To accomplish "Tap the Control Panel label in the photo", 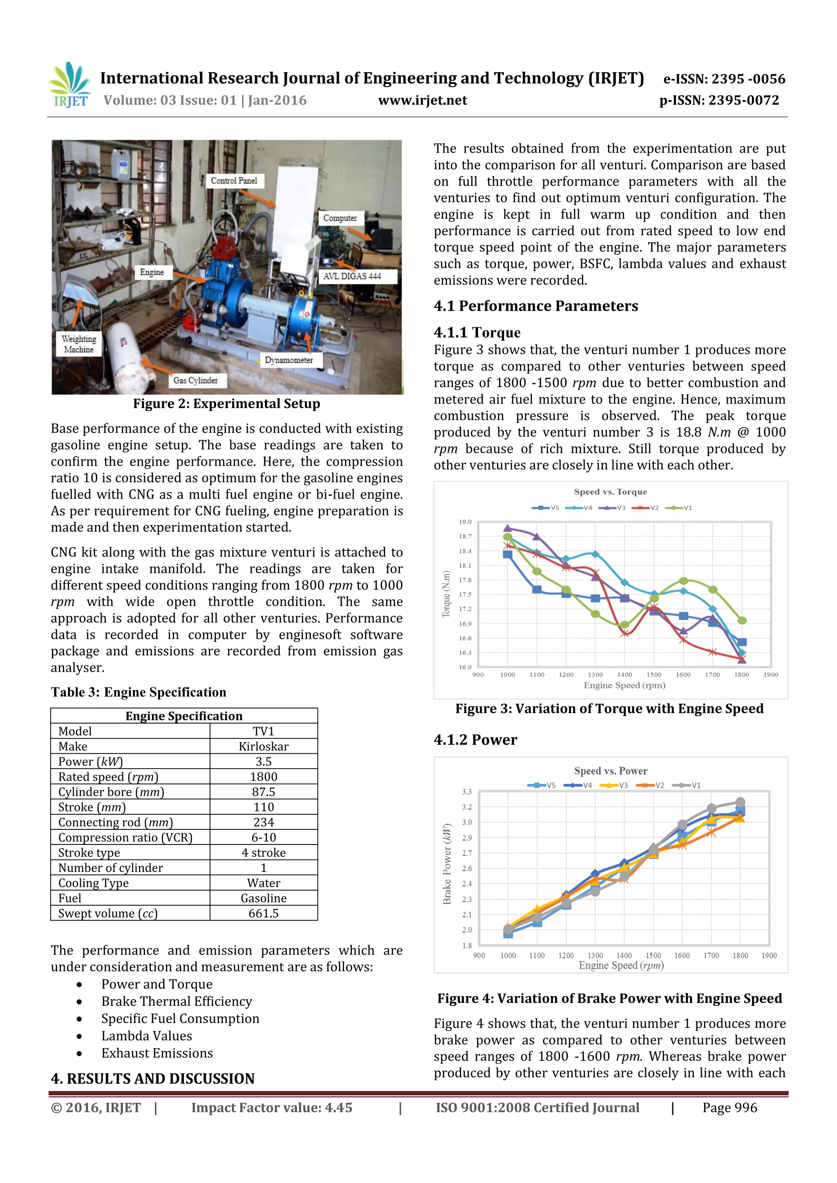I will coord(234,181).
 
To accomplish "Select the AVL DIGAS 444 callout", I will coord(352,276).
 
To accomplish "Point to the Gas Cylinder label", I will coord(195,380).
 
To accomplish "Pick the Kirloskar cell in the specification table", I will coord(264,746).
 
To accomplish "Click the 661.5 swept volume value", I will coord(264,913).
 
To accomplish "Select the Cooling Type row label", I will coord(93,883).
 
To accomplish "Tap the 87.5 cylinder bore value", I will coord(264,792).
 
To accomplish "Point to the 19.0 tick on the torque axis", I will coord(465,522).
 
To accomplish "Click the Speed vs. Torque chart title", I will coord(610,492).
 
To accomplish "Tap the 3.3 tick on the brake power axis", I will coord(467,792).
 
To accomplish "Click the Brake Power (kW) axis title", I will coord(447,864).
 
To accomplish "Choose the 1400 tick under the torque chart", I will coord(624,675).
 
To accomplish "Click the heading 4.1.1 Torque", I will coord(477,332).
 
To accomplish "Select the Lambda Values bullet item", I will coord(146,1036).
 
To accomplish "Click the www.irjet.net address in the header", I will coord(422,100).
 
